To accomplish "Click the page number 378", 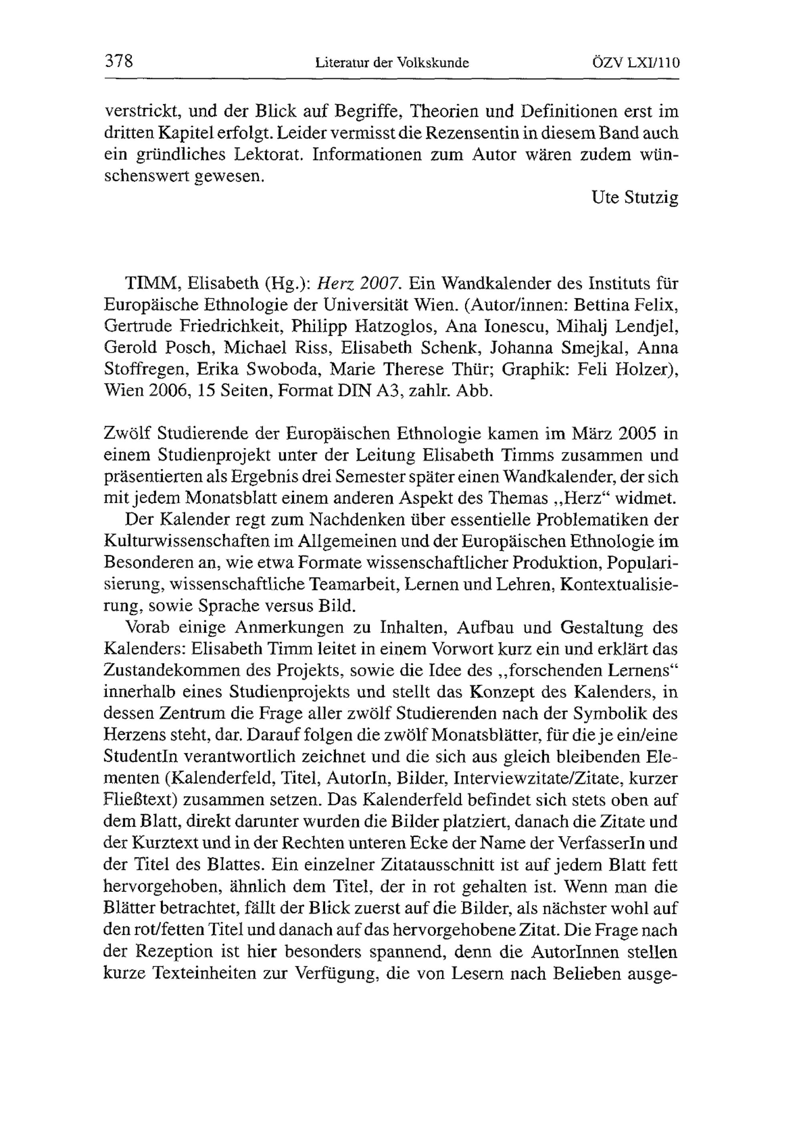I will (119, 62).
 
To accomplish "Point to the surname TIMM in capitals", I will (148, 284).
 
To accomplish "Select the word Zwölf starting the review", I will (127, 434).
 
